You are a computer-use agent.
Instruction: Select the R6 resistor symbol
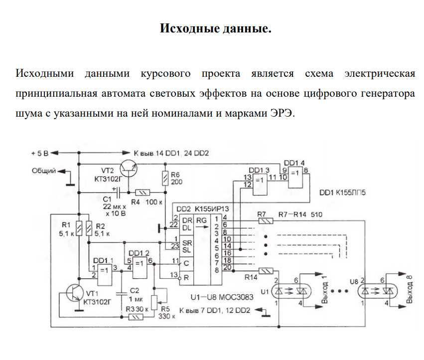tap(164, 177)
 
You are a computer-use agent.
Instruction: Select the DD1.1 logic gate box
tap(105, 272)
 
